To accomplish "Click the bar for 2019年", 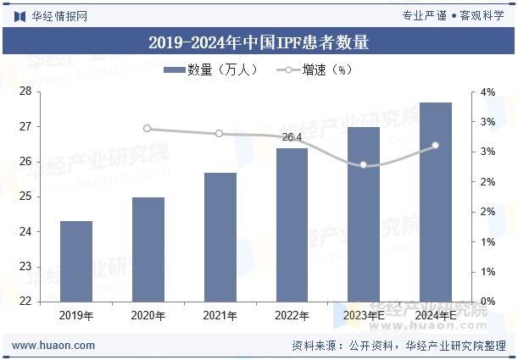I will coord(76,261).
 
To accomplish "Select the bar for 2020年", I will coord(148,249).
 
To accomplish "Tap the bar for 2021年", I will coord(220,237).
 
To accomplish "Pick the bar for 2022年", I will coord(292,224).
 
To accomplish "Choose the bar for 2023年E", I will coord(364,214).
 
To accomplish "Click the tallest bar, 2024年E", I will coord(436,202).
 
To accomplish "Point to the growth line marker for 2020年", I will coord(148,129).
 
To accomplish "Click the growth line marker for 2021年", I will coord(220,134).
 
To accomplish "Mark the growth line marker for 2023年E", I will coord(364,164).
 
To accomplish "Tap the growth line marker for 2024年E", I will coord(436,146).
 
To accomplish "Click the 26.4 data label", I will coord(292,137).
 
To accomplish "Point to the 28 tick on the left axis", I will coord(25,91).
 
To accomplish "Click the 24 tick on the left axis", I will coord(25,231).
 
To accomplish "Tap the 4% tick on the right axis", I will coord(488,91).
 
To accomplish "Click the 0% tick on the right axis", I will coord(488,302).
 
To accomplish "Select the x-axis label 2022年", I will coord(292,315).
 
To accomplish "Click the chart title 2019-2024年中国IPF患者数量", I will coord(259,42).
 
